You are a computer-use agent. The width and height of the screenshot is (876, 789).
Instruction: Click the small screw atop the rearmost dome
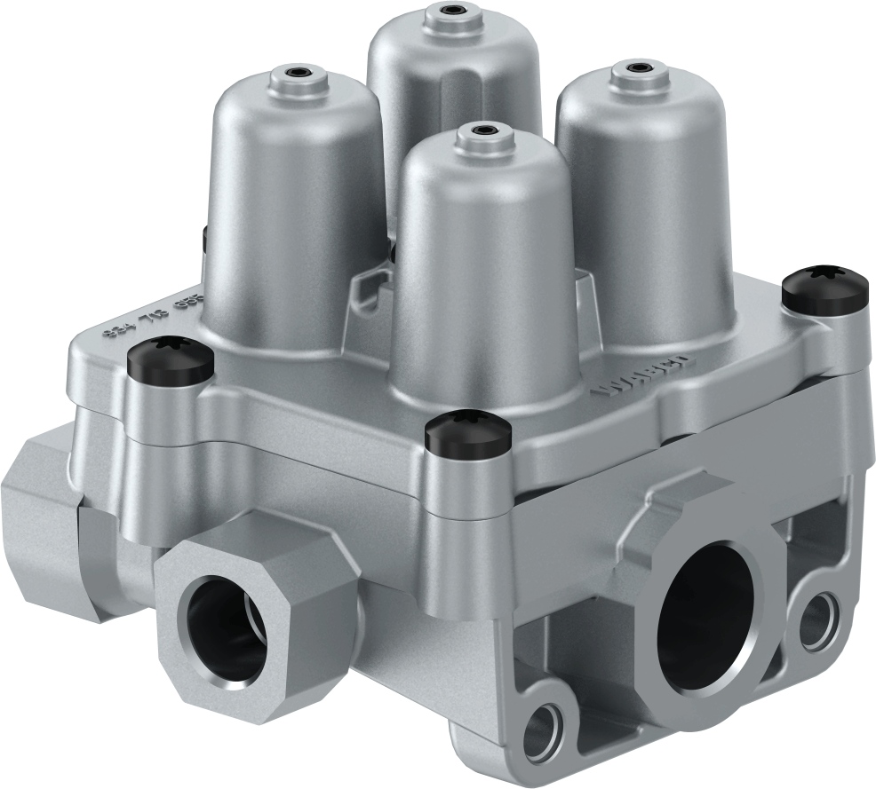pos(456,12)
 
